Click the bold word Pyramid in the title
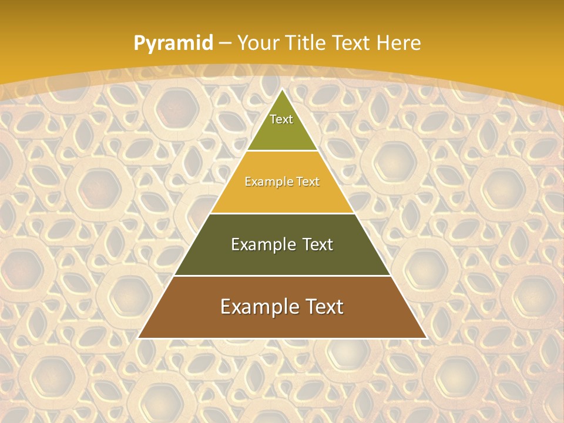pos(173,43)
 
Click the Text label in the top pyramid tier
pos(281,119)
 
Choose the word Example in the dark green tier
pos(261,244)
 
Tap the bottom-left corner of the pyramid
pos(139,338)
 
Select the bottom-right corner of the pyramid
pos(427,338)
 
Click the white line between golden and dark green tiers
pos(283,213)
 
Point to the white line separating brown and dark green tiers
pos(283,276)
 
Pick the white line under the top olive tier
pos(283,150)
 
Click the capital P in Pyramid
pos(139,43)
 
